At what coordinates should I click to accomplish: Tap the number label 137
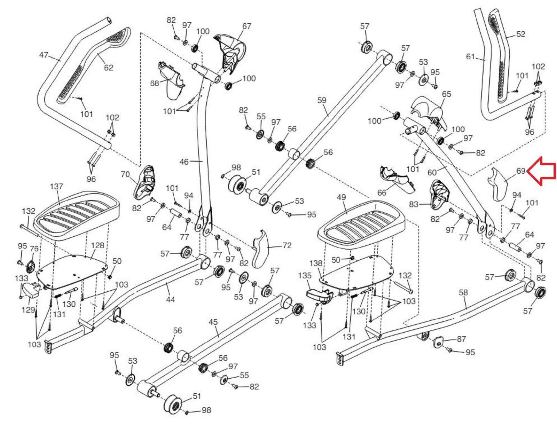tap(56, 186)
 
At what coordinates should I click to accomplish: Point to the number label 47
tap(44, 55)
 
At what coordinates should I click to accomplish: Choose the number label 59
tap(322, 100)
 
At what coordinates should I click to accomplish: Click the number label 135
tap(305, 276)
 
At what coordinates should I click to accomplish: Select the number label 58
tap(463, 293)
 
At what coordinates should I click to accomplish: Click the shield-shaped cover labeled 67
tap(231, 52)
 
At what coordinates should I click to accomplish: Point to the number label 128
tap(98, 245)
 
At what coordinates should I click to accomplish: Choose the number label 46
tap(184, 162)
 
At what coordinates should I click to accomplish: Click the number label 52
tap(520, 34)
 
